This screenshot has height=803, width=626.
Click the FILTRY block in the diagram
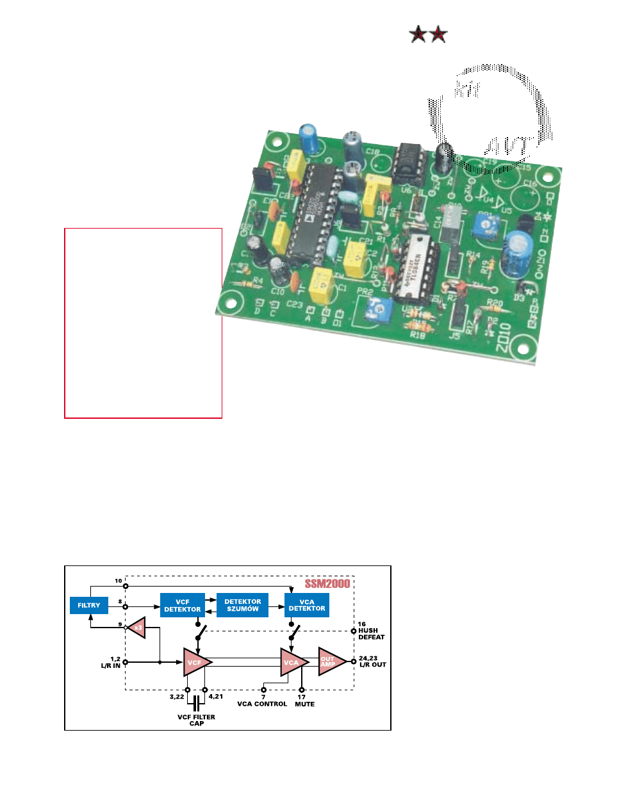pyautogui.click(x=88, y=605)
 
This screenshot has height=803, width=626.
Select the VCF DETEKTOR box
pyautogui.click(x=183, y=605)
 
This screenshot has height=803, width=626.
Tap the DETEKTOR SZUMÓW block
pyautogui.click(x=242, y=605)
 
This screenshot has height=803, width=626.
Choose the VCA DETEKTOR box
pyautogui.click(x=306, y=605)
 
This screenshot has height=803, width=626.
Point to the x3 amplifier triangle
pyautogui.click(x=137, y=628)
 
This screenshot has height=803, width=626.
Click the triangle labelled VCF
pyautogui.click(x=195, y=662)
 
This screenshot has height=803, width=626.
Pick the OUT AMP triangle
pyautogui.click(x=330, y=661)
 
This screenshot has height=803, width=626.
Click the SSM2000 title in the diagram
pyautogui.click(x=327, y=583)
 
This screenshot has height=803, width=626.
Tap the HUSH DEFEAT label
pyautogui.click(x=371, y=634)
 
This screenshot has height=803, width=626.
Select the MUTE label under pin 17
pyautogui.click(x=304, y=704)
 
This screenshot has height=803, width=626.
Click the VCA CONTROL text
pyautogui.click(x=262, y=704)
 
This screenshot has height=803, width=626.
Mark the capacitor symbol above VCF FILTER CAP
pyautogui.click(x=196, y=702)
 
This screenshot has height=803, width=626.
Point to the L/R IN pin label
pyautogui.click(x=111, y=665)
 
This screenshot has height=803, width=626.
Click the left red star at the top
pyautogui.click(x=418, y=34)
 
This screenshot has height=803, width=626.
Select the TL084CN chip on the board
pyautogui.click(x=418, y=266)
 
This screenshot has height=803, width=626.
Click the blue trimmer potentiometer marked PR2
pyautogui.click(x=379, y=312)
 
